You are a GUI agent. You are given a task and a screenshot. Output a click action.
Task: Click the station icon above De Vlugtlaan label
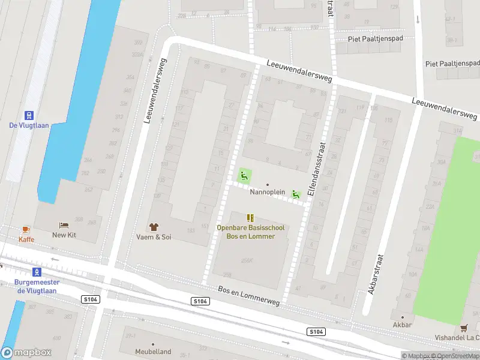[28, 115]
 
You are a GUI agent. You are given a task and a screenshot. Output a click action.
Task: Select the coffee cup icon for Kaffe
[26, 229]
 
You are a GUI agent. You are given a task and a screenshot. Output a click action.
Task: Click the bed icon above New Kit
[64, 225]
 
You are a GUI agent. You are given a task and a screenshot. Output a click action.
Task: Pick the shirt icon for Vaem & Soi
[154, 227]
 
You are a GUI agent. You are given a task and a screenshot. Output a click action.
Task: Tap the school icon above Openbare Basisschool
[250, 218]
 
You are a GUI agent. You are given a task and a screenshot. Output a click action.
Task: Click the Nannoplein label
[267, 193]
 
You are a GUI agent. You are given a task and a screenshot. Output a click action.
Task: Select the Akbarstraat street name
[376, 274]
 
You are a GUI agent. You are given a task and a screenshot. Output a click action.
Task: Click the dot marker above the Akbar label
[402, 317]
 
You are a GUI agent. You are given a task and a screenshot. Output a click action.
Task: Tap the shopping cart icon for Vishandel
[463, 328]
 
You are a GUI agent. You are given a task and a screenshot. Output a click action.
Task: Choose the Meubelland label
[153, 352]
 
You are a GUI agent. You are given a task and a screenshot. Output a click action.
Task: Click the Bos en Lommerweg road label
[249, 293]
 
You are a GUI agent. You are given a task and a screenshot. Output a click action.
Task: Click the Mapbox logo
[26, 353]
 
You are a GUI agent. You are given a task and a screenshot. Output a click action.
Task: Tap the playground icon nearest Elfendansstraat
[295, 194]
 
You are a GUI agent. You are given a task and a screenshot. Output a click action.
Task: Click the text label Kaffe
[26, 239]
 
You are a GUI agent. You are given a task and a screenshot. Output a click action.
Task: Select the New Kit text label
[64, 235]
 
